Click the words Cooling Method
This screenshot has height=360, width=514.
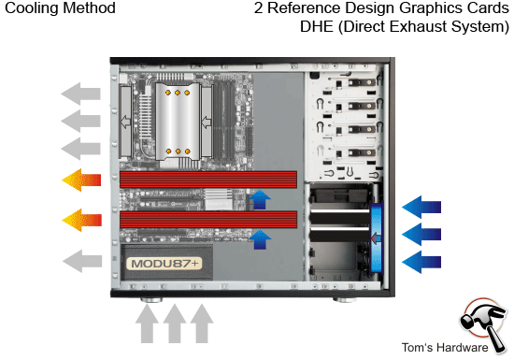pyautogui.click(x=60, y=9)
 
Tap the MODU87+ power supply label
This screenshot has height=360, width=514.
pyautogui.click(x=165, y=264)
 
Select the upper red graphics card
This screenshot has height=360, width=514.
pyautogui.click(x=207, y=180)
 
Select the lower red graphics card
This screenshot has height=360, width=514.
pyautogui.click(x=207, y=220)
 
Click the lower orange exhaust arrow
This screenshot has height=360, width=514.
pyautogui.click(x=80, y=221)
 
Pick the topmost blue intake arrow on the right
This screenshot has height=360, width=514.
pyautogui.click(x=425, y=205)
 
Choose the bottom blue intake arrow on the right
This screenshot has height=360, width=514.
pyautogui.click(x=425, y=260)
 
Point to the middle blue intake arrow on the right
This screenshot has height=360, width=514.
pyautogui.click(x=425, y=233)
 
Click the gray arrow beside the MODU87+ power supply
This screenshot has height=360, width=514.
pyautogui.click(x=80, y=259)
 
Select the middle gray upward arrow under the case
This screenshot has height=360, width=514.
pyautogui.click(x=174, y=324)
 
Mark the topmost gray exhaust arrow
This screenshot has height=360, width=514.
pyautogui.click(x=80, y=94)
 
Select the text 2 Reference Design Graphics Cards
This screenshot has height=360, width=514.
pyautogui.click(x=381, y=9)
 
